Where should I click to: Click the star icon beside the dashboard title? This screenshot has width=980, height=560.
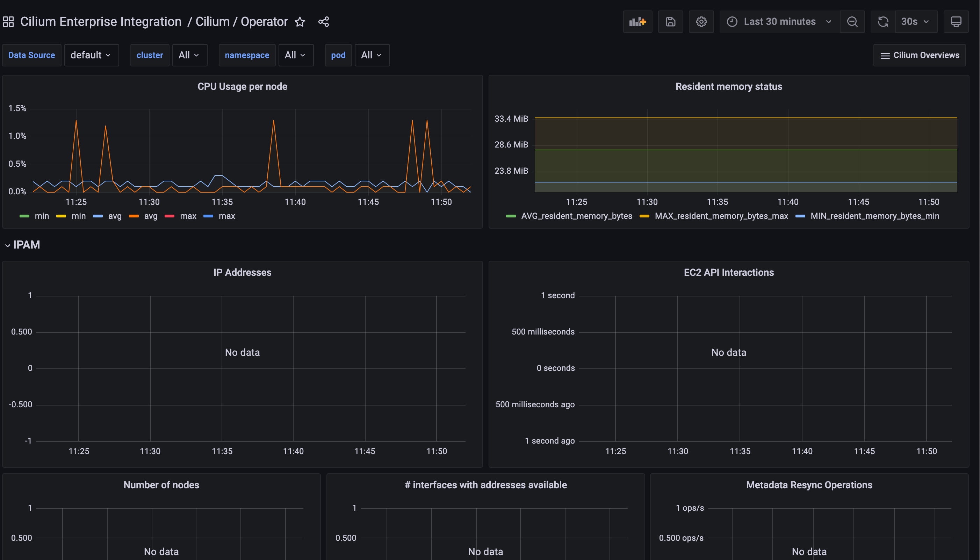click(x=300, y=22)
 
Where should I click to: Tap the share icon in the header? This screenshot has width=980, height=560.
click(x=324, y=22)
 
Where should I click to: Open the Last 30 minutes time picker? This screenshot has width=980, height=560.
click(x=779, y=22)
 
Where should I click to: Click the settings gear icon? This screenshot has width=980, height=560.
click(x=701, y=22)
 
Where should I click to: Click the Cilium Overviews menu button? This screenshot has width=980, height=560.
click(x=920, y=55)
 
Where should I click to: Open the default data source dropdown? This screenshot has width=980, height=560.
click(x=91, y=55)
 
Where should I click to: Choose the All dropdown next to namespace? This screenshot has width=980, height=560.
click(x=295, y=55)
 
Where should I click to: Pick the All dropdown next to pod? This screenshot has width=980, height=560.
click(x=372, y=55)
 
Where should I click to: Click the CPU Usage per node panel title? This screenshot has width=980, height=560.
click(x=242, y=87)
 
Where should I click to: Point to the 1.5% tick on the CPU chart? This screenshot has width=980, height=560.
click(x=17, y=108)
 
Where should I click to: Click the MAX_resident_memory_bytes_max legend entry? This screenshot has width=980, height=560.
click(x=721, y=216)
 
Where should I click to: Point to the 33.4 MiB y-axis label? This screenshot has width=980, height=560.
click(x=511, y=119)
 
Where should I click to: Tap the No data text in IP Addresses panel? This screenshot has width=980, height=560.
click(x=242, y=353)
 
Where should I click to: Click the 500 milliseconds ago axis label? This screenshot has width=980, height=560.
click(x=535, y=404)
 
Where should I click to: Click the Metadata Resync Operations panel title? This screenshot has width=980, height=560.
click(x=809, y=485)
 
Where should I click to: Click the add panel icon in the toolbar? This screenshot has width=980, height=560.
click(x=637, y=22)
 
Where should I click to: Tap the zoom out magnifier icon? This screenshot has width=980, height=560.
click(x=852, y=22)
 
